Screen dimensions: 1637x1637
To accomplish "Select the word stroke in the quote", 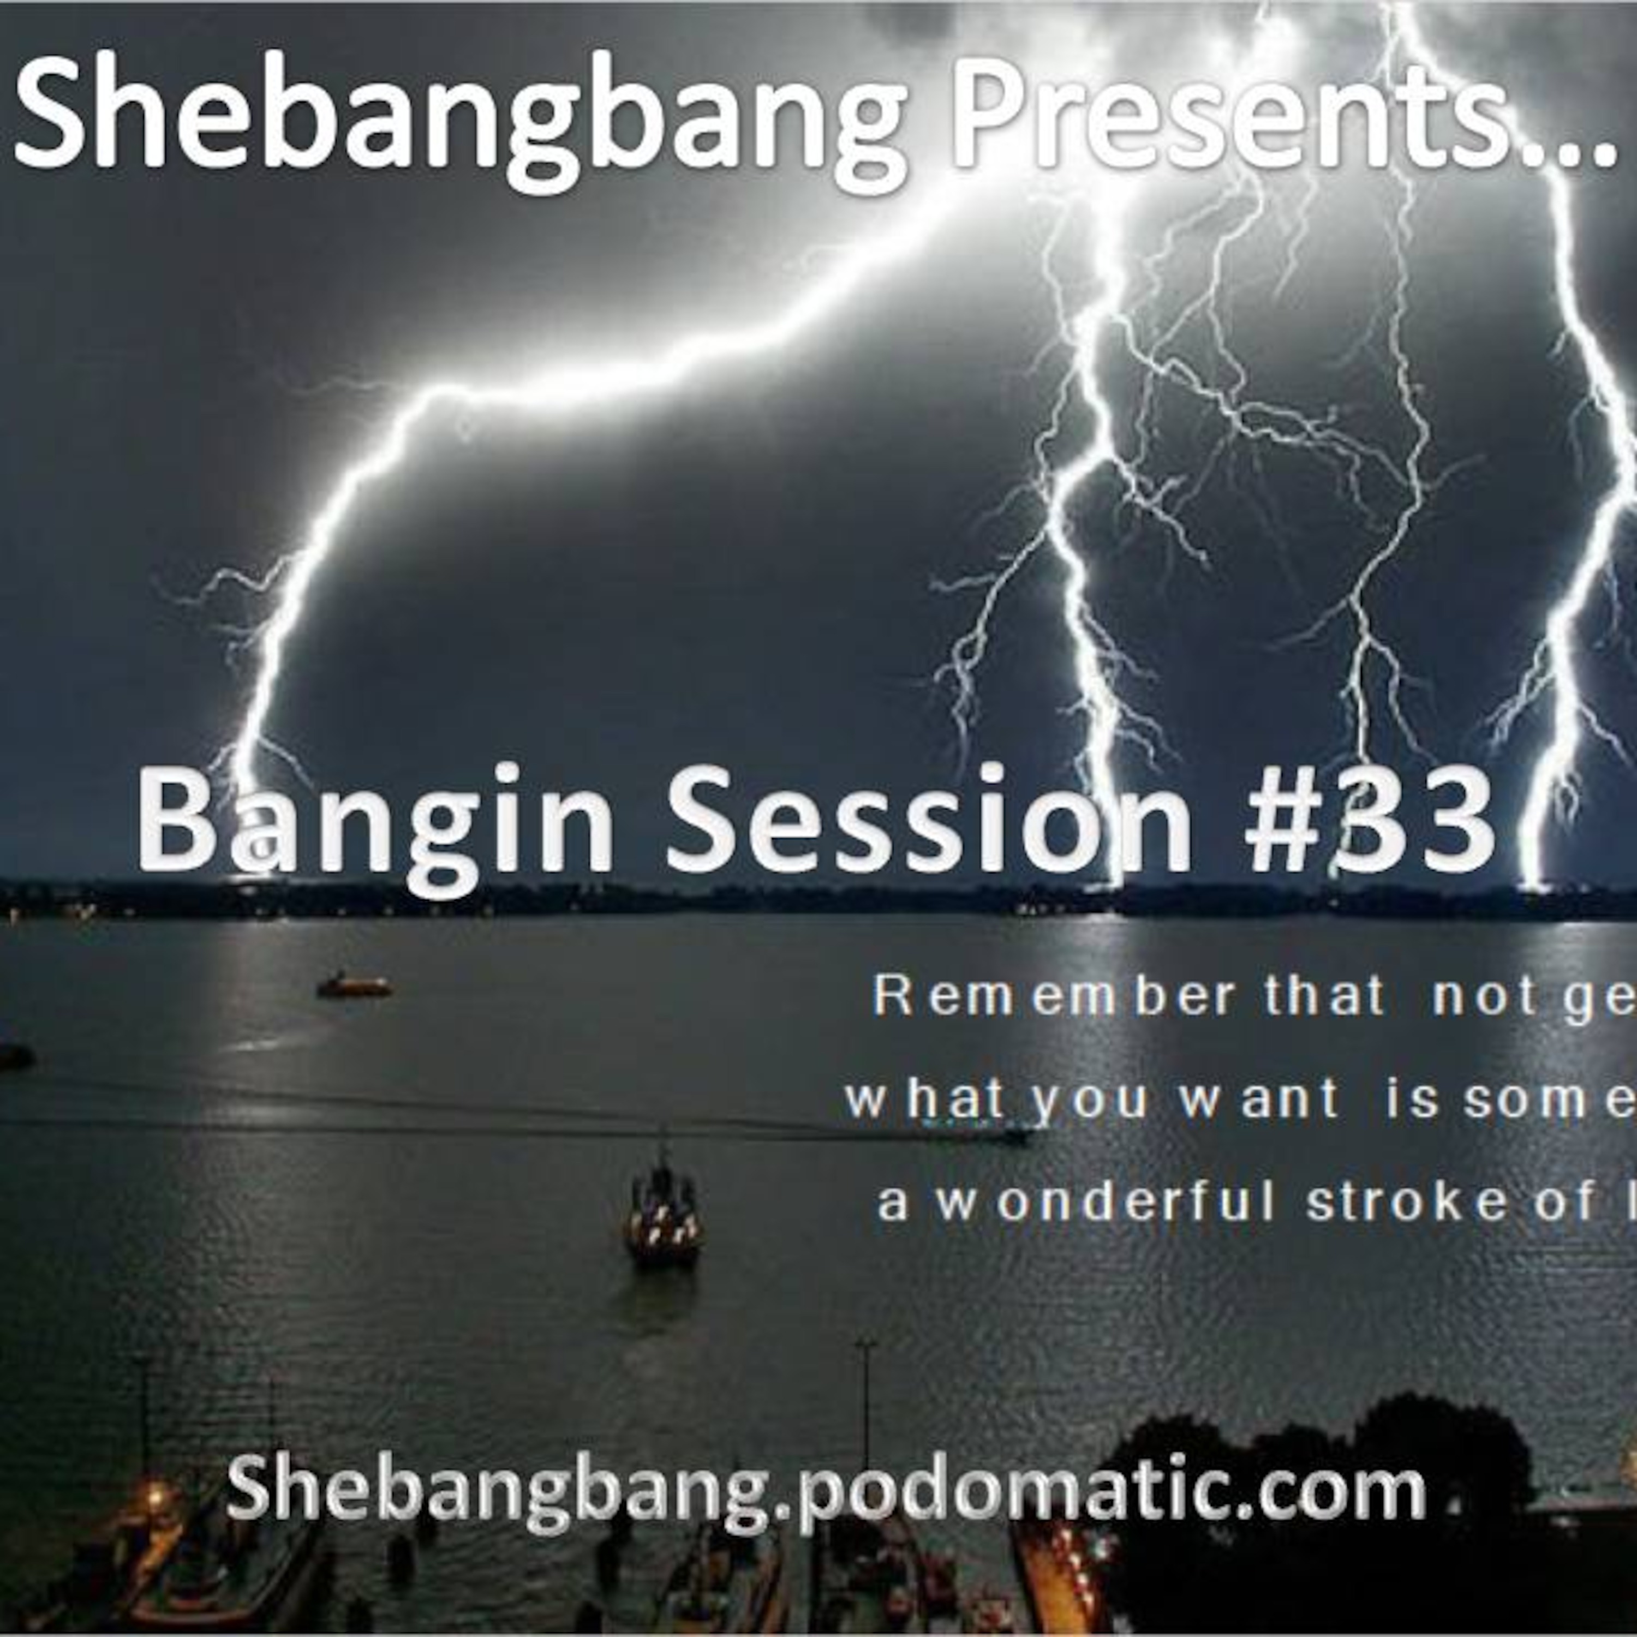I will tap(1407, 1203).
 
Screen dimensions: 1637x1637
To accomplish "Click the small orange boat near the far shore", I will tap(354, 985).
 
